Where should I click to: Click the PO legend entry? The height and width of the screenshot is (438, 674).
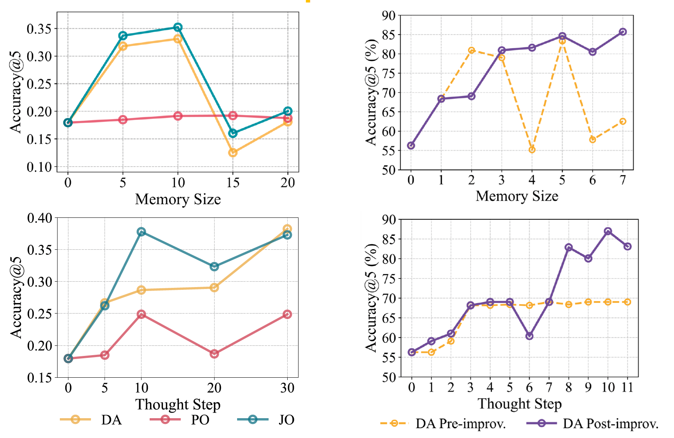pos(180,420)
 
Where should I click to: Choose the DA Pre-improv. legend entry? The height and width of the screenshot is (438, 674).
pos(443,424)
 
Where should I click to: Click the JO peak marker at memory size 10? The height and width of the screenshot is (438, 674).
pos(178,27)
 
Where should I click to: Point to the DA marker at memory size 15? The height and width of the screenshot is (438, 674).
pos(233,152)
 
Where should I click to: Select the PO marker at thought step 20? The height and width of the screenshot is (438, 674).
pos(214,354)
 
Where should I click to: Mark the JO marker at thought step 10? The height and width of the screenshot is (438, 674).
pos(141,232)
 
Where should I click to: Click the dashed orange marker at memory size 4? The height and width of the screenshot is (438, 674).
pos(532,150)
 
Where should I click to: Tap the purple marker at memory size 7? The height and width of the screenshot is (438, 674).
pos(623,32)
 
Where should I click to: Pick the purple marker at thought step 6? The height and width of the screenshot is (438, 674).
pos(529,336)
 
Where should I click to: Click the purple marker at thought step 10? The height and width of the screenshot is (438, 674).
pos(608,231)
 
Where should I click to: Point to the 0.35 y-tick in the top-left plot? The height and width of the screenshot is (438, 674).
pos(39,29)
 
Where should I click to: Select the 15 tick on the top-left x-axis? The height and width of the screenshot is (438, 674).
pos(233,182)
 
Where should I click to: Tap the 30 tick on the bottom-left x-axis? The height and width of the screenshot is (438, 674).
pos(287,388)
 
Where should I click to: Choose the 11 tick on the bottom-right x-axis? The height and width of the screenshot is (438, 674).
pos(627,387)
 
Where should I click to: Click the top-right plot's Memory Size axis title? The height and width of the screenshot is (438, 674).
pos(517,196)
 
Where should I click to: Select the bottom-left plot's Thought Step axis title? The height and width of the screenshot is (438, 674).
pos(178,405)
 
